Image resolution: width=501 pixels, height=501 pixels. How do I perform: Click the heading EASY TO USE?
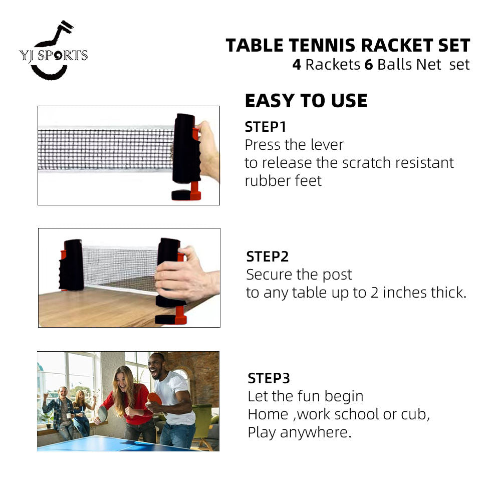306,101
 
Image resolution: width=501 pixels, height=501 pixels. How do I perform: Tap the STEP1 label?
265,127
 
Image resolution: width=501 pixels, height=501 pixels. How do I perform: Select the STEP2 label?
267,257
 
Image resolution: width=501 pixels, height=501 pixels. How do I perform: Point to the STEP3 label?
269,378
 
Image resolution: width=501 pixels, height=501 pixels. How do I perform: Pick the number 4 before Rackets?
297,65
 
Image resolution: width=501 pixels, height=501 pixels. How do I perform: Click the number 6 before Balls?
368,65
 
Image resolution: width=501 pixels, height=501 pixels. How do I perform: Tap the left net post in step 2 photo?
73,265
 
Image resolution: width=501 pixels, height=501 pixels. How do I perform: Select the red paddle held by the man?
155,398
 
